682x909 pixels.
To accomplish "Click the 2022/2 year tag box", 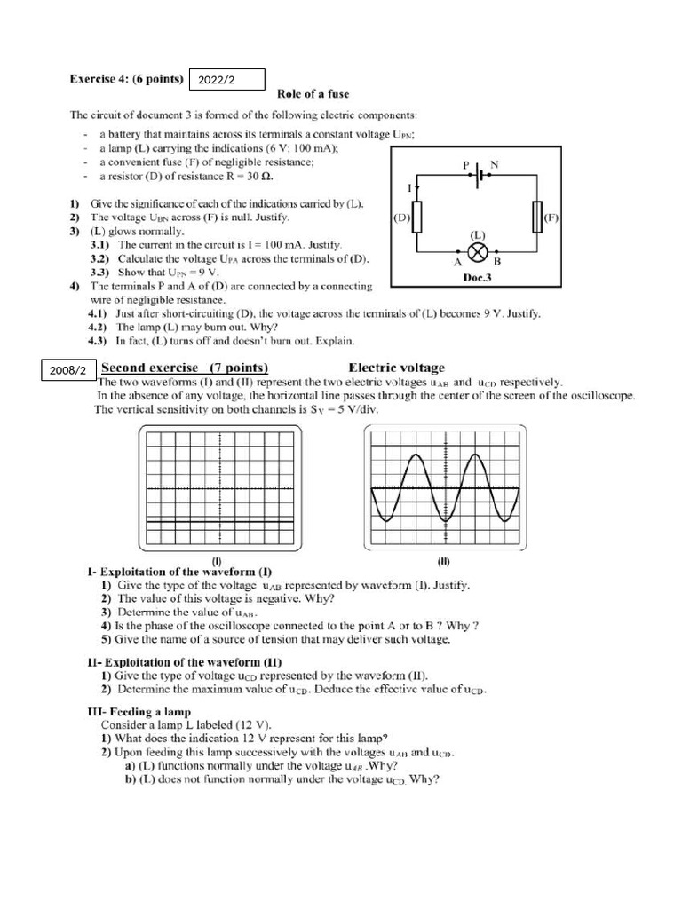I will coord(227,80).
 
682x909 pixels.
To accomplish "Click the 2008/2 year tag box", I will coord(67,369).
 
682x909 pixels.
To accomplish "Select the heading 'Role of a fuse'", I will coord(313,94).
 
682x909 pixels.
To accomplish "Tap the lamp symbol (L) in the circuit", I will coord(478,250).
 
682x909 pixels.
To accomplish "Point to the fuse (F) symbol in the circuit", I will coord(537,217).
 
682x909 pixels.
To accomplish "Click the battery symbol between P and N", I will coord(479,174).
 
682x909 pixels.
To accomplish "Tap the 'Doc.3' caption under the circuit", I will coord(478,277).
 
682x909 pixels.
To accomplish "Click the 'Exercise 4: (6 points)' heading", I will coord(128,79).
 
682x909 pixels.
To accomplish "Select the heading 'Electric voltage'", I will coord(397,368).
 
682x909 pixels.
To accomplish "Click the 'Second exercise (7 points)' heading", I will coord(186,368).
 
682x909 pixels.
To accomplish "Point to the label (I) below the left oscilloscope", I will coord(216,561).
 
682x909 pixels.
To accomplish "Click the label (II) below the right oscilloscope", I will coord(444,561).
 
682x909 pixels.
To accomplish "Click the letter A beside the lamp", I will coord(457,262).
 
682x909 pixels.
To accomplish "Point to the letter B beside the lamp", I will coord(497,262).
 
